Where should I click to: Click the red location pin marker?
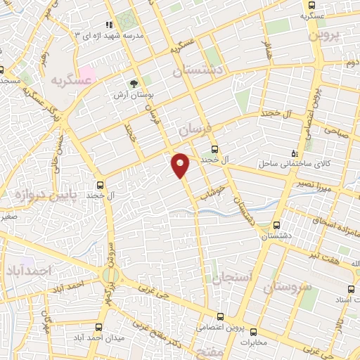[x=181, y=165]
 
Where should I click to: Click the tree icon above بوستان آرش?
[x=134, y=82]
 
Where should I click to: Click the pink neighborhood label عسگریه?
[x=72, y=80]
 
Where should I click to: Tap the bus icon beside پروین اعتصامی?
[x=221, y=318]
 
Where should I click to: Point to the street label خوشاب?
[x=212, y=185]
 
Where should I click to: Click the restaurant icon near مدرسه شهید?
[x=109, y=25]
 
